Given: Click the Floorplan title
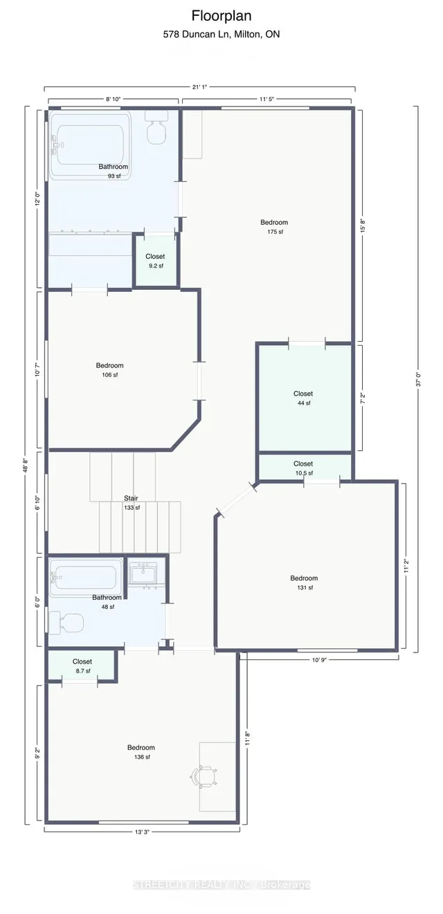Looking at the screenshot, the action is (221, 17).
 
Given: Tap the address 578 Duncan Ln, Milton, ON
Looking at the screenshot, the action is (221, 35).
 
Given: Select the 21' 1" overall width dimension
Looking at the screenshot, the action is (199, 87).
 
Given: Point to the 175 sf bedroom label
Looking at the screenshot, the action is (274, 227).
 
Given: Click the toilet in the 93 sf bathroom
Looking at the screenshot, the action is (157, 128).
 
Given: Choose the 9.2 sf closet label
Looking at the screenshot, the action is (155, 261).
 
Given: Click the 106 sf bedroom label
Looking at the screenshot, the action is (110, 370).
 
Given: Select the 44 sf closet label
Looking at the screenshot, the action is (303, 399).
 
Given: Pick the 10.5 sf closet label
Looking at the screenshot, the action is (303, 468).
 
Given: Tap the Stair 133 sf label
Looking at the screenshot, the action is (132, 503).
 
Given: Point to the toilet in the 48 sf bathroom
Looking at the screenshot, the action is (66, 623).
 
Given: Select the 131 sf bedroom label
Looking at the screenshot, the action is (304, 583).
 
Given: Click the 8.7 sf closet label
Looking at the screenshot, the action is (82, 666).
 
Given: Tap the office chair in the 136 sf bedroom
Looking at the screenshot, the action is (204, 777).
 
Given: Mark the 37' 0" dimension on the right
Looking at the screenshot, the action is (417, 379).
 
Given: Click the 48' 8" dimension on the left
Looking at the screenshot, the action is (25, 464).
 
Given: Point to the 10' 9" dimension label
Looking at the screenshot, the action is (319, 660).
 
